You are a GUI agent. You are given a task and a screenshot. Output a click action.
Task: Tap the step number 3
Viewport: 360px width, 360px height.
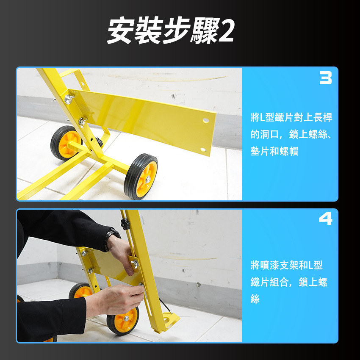(325, 78)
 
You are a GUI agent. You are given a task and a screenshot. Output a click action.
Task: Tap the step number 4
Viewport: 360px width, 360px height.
(325, 219)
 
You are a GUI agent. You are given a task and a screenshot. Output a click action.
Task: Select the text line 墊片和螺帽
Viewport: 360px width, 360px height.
(274, 152)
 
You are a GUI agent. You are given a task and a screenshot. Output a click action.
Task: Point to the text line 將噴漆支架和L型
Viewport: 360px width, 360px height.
(286, 266)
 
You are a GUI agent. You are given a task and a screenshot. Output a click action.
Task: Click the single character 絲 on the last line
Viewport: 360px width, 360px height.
(255, 299)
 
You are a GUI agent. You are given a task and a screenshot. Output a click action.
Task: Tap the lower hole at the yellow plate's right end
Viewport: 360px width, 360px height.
(203, 150)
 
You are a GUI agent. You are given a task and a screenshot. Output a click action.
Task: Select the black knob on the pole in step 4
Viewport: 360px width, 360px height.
(125, 223)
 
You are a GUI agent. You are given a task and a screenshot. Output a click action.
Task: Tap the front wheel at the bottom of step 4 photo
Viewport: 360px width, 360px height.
(123, 320)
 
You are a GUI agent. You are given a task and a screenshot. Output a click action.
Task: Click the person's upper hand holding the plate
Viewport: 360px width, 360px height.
(124, 255)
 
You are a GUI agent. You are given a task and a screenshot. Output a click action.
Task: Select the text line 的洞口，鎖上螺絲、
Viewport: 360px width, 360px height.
(291, 135)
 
